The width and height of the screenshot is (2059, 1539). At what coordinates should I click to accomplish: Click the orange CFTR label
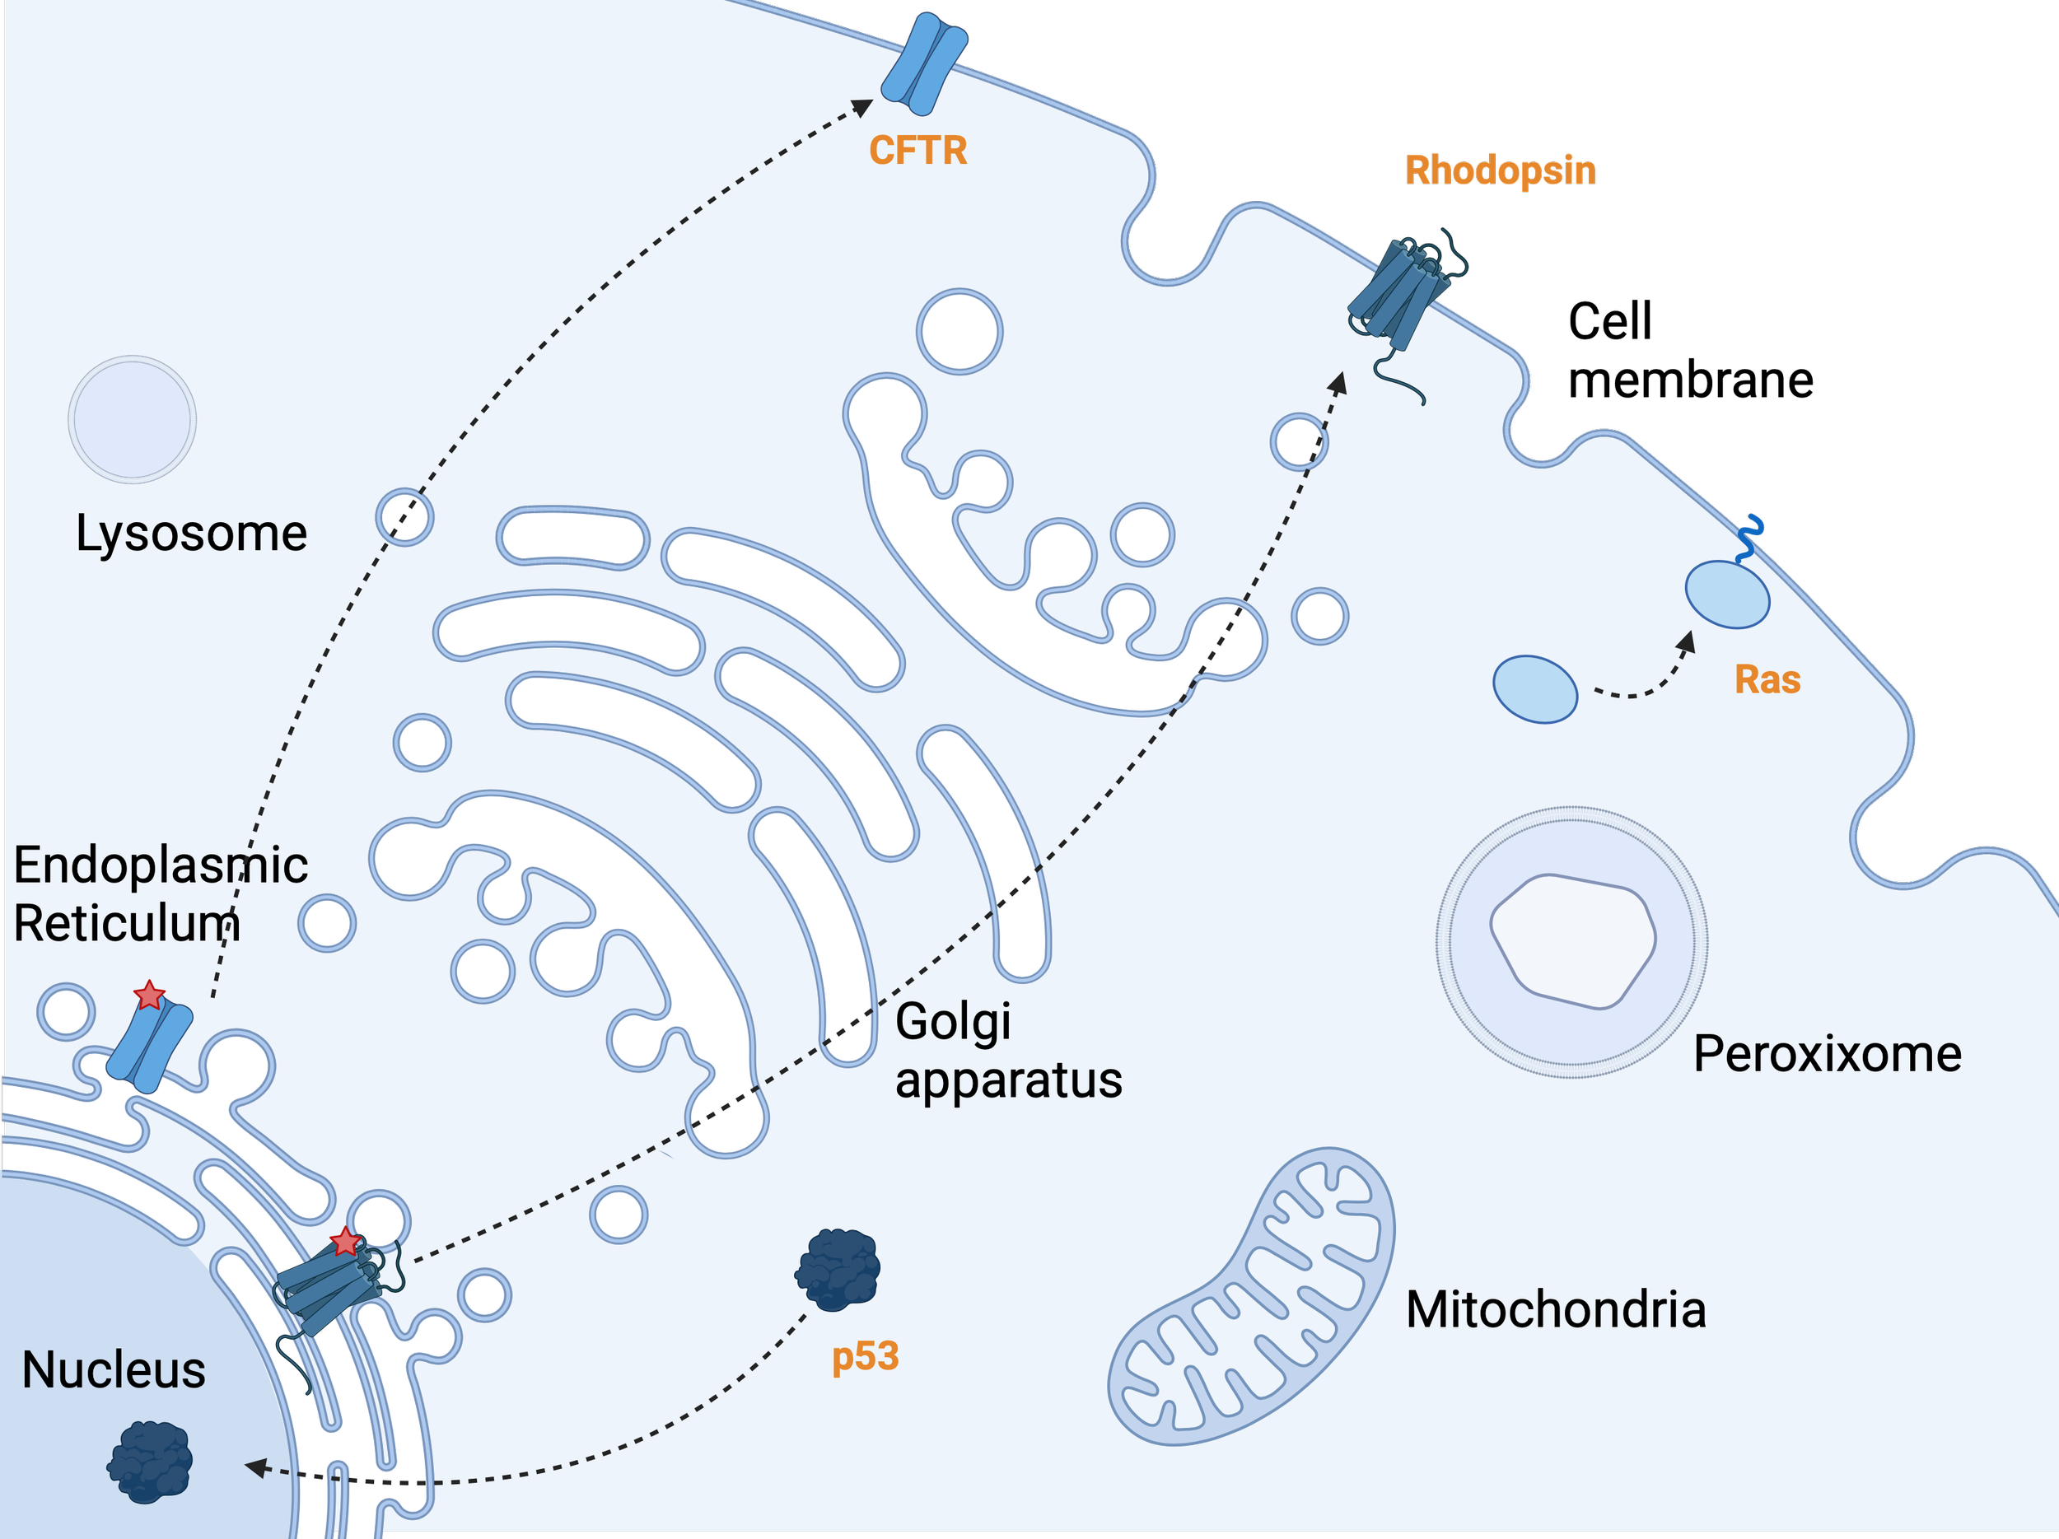917,151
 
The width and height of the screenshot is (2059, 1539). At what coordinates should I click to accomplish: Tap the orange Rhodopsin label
1500,171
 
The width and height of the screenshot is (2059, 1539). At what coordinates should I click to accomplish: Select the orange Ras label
1767,680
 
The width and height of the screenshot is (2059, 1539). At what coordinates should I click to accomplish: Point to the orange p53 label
865,1357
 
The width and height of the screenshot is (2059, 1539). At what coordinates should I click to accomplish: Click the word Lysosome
191,534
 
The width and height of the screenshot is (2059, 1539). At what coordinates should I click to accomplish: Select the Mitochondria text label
1556,1310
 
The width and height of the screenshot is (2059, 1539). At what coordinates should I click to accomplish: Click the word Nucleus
114,1370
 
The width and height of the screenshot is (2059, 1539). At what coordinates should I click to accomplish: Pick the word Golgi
952,1024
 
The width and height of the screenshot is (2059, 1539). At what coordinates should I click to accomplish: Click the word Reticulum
127,924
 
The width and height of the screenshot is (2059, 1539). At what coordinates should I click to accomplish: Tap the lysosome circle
132,420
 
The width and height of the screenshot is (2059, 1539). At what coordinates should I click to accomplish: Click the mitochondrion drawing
1252,1303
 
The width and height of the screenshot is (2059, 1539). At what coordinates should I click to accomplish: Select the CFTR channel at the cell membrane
923,63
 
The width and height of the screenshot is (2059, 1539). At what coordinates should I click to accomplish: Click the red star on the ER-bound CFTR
149,996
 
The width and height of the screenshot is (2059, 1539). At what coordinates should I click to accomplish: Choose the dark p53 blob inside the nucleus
150,1462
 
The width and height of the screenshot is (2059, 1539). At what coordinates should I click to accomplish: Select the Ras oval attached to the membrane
1727,595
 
